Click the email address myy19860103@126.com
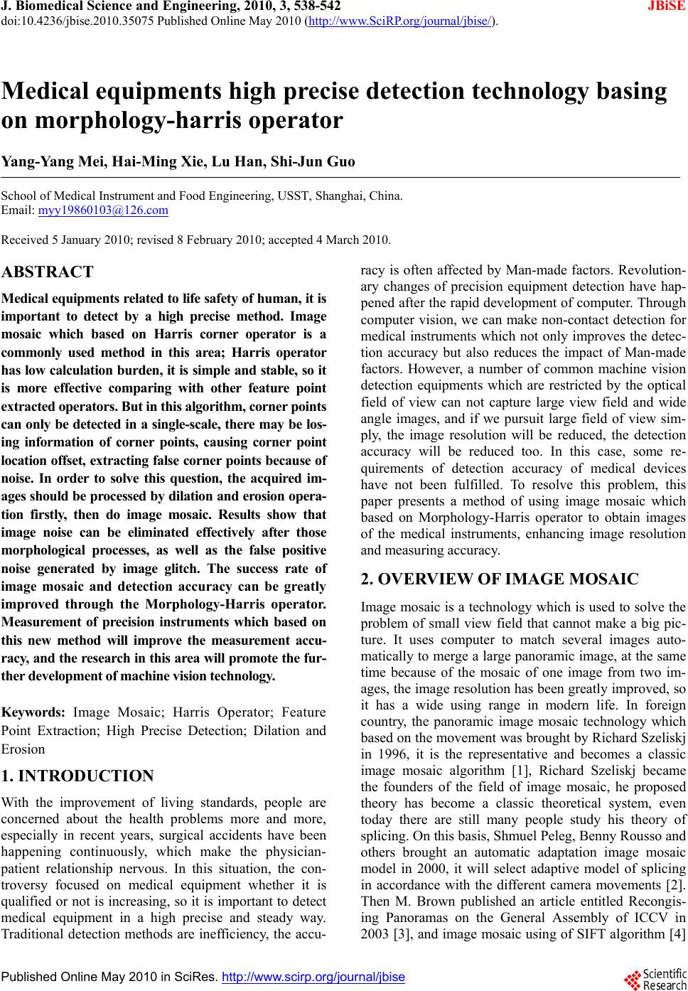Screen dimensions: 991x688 pos(103,210)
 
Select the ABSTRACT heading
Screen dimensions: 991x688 pos(48,272)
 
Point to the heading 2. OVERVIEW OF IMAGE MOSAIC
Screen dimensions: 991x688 pos(500,579)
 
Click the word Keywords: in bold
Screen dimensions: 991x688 pos(34,712)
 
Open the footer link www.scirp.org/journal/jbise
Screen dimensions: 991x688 pos(313,977)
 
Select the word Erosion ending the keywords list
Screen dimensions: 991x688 pos(23,749)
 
